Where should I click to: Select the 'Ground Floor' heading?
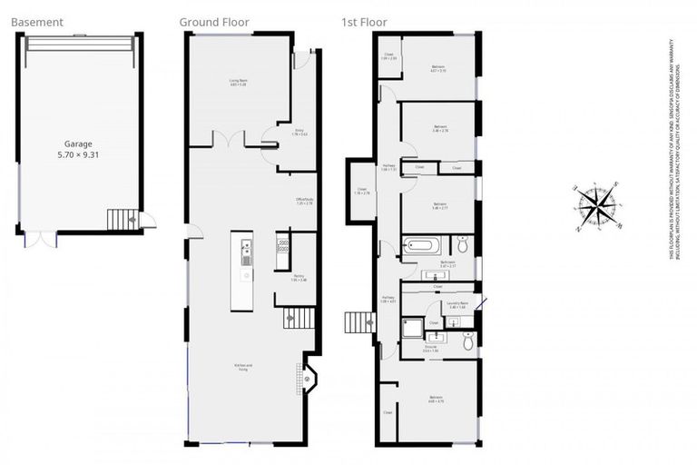pos(214,22)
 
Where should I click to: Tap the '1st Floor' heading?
pos(364,22)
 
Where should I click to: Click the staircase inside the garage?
pos(120,220)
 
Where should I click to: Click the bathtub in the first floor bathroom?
pos(423,245)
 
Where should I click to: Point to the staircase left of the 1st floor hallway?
pos(360,322)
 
